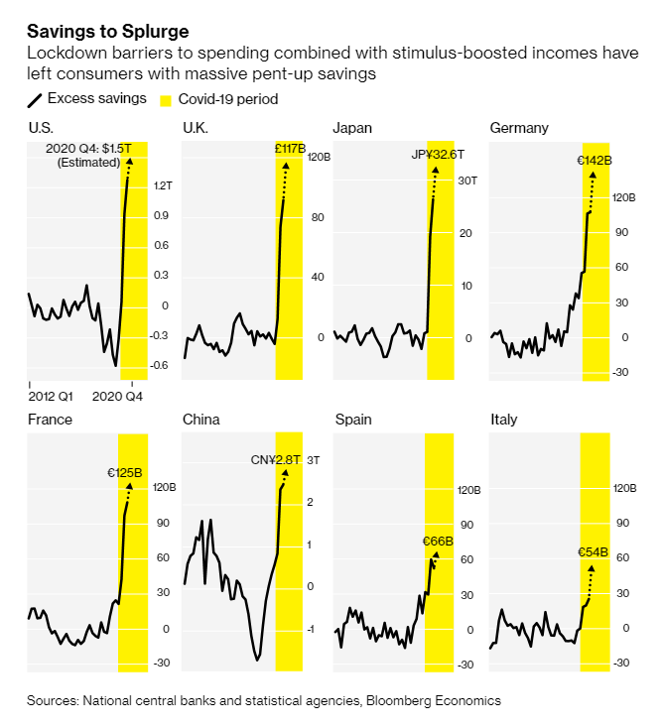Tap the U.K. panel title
click(x=196, y=128)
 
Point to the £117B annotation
click(x=290, y=149)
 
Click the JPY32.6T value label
click(x=438, y=155)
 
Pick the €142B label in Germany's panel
click(x=594, y=161)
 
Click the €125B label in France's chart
click(x=126, y=473)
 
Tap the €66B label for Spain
click(x=438, y=542)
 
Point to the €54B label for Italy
click(x=594, y=552)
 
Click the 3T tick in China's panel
click(x=313, y=460)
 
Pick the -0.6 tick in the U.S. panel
click(x=162, y=365)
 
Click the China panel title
click(x=201, y=420)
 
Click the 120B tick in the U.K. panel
click(x=319, y=157)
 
